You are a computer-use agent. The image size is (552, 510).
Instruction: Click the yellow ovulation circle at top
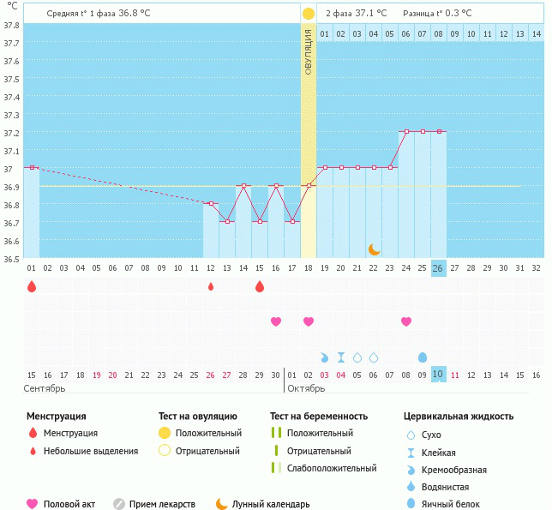click(309, 14)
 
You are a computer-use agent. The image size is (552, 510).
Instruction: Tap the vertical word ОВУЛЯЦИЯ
click(309, 51)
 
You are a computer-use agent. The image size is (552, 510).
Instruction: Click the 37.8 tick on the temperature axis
click(12, 25)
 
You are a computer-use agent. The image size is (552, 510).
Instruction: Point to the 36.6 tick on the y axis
click(12, 242)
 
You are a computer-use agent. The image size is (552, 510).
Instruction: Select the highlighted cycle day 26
click(438, 267)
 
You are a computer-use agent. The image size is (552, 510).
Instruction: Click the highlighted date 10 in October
click(438, 375)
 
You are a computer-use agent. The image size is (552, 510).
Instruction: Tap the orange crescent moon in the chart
click(374, 249)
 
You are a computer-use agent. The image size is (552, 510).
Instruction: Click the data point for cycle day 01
click(32, 167)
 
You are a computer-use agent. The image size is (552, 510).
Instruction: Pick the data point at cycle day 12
click(211, 203)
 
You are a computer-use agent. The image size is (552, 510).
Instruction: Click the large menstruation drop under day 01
click(32, 286)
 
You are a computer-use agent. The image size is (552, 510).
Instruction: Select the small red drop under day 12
click(211, 286)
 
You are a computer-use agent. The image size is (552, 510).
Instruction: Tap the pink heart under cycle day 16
click(276, 321)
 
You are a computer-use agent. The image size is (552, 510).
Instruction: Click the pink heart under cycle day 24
click(406, 321)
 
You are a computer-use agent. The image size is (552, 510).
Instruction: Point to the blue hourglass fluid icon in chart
click(341, 357)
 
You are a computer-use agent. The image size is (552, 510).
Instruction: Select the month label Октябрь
click(306, 388)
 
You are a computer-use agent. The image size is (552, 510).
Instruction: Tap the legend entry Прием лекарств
click(162, 504)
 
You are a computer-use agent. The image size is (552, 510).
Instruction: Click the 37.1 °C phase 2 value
click(370, 13)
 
